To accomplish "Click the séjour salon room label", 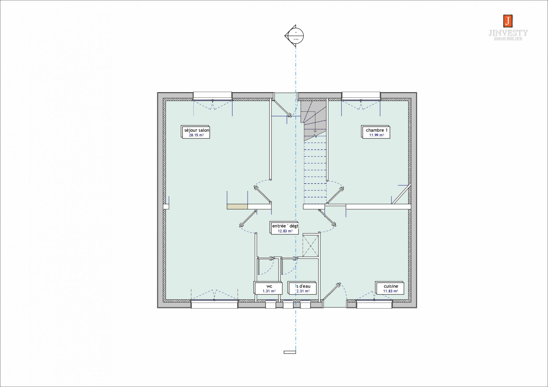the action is click(x=197, y=130).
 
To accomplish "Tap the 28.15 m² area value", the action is click(x=196, y=135).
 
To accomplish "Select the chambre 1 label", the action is click(x=377, y=130).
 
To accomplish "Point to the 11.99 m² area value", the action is click(x=376, y=135).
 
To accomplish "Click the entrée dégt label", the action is click(x=285, y=226).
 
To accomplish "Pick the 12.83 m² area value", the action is click(x=285, y=231).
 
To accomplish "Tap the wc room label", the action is click(x=269, y=286).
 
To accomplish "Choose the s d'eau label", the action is click(x=303, y=286).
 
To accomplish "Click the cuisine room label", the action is click(x=391, y=286).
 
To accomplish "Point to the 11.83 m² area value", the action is click(x=390, y=291).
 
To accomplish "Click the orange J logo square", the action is click(x=508, y=21).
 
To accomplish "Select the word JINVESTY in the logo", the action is click(x=508, y=33).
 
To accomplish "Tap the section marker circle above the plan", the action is click(x=296, y=36).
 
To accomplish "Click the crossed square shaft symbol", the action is click(x=311, y=246).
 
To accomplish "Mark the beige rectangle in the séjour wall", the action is click(x=237, y=207).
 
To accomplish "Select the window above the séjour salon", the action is click(x=213, y=96).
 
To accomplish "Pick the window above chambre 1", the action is click(x=361, y=96).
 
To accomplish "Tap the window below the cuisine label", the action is click(x=374, y=304).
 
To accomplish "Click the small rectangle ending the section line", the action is click(x=290, y=352).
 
